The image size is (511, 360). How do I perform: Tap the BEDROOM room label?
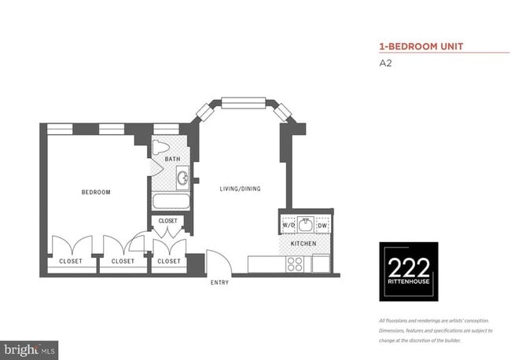[x=96, y=193]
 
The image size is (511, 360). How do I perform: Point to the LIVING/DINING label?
[x=240, y=189]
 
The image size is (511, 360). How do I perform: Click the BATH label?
[x=172, y=160]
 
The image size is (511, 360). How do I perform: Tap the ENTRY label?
[x=219, y=282]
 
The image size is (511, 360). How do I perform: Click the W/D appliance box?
[x=289, y=226]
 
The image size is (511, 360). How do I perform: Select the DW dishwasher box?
[x=322, y=226]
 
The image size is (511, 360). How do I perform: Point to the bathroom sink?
[x=182, y=179]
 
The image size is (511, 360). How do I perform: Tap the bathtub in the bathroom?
[x=169, y=202]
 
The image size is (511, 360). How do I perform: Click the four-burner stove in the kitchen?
[x=296, y=265]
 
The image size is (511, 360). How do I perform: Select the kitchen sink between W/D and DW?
[x=305, y=223]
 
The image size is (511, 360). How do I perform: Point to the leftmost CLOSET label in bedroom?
[x=71, y=261]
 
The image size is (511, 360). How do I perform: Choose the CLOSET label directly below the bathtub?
[x=168, y=221]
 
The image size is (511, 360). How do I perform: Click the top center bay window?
[x=244, y=102]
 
